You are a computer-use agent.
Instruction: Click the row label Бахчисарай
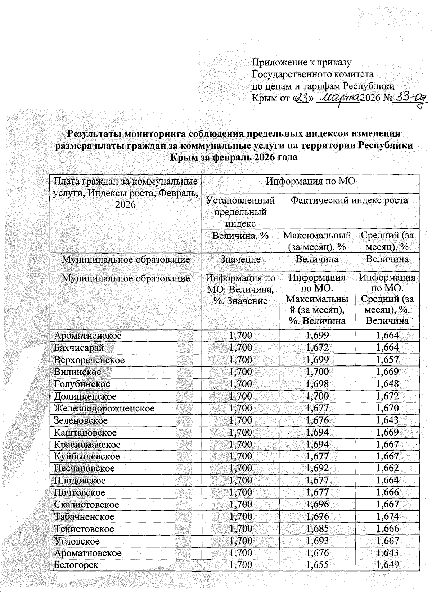tap(79, 348)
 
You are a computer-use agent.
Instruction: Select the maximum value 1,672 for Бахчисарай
tap(317, 348)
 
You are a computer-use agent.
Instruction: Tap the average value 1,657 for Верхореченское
tap(387, 360)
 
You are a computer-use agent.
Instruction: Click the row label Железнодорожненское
tap(104, 409)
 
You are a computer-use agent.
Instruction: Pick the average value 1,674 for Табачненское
tap(387, 517)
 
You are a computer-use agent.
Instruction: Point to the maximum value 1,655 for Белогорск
tap(317, 565)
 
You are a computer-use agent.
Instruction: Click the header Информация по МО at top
tap(310, 182)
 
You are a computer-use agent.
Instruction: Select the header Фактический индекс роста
tap(349, 200)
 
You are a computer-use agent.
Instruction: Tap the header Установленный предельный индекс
tap(240, 211)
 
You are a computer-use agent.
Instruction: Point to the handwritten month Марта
tap(339, 97)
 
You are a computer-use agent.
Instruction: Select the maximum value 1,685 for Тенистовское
tap(317, 529)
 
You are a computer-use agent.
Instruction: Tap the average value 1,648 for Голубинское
tap(387, 384)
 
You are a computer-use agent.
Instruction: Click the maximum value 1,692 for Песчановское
tap(317, 468)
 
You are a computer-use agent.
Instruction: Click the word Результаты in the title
tap(94, 134)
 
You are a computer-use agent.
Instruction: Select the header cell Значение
tap(240, 259)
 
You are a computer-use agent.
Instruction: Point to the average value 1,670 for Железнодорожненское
tap(387, 408)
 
